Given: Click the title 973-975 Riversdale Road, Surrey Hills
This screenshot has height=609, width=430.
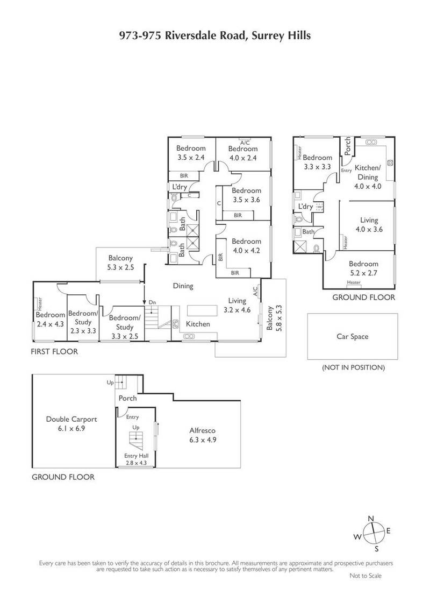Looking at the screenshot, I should click(215, 36).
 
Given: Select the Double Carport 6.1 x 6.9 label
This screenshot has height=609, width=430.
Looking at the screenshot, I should click(68, 424).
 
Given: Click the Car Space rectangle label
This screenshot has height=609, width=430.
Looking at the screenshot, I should click(352, 337).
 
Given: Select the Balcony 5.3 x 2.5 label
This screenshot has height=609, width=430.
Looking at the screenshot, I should click(120, 263).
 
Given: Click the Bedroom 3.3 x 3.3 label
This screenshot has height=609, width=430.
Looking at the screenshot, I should click(317, 162).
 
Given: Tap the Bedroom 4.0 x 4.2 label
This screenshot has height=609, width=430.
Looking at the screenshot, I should click(246, 245).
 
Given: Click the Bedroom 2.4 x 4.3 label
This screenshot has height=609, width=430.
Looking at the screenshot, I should click(50, 320).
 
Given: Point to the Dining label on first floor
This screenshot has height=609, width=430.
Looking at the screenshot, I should click(183, 286).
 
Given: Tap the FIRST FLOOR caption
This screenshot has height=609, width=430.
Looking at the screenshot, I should click(54, 352).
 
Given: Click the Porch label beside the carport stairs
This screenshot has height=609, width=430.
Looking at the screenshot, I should click(128, 399).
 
